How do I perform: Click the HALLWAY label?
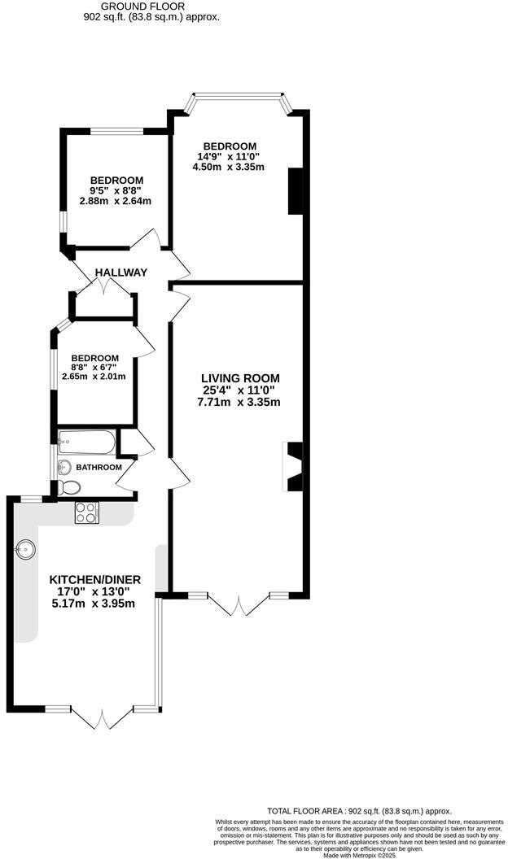click(120, 273)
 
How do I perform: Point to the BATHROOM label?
click(99, 468)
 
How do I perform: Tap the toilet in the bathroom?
click(69, 487)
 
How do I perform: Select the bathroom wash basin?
click(63, 467)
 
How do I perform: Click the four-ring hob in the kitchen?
click(86, 513)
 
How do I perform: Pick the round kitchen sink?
click(26, 549)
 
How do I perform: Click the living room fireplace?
click(293, 467)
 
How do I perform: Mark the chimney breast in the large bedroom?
click(295, 190)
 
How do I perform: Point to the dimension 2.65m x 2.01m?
click(94, 377)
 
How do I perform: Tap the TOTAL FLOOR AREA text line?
click(359, 811)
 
